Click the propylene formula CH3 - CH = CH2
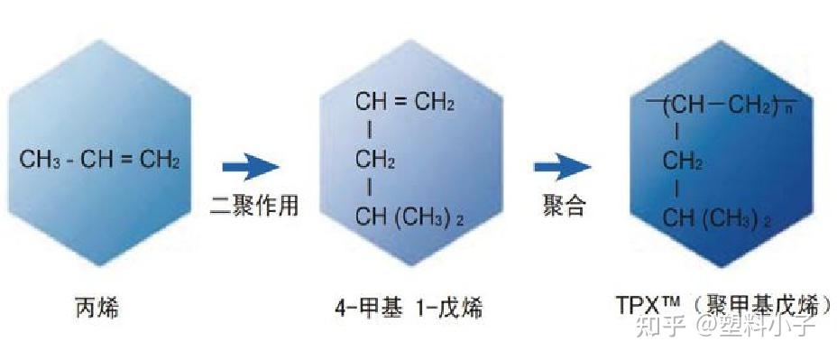[99, 162]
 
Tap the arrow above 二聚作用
[251, 166]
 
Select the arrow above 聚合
[562, 166]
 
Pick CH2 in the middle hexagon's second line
[375, 161]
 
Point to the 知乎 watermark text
[656, 325]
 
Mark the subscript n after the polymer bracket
[786, 112]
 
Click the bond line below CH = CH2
[369, 131]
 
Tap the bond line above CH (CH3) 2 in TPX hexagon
[676, 190]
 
